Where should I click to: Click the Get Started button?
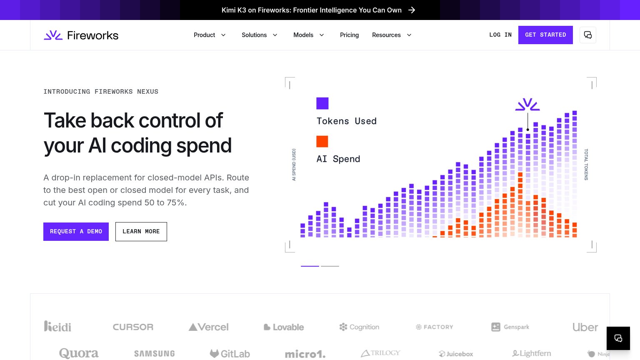coord(545,35)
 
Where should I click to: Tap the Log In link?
coord(500,35)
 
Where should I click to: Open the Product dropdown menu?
coord(210,35)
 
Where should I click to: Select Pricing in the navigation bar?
coord(349,35)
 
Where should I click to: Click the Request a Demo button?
coord(76,231)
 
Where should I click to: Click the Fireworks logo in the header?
coord(81,35)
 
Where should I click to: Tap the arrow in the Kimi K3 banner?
coord(411,10)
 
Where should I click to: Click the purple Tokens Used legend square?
coord(322,103)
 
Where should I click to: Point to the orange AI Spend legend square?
coord(322,141)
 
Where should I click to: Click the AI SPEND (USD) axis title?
coord(294,165)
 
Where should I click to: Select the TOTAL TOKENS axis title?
coord(586,165)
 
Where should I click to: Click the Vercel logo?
coord(209,327)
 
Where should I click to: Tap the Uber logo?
coord(585,327)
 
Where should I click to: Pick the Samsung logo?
coord(154,354)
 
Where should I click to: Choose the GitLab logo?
coord(230,354)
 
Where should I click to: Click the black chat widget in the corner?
coord(618,338)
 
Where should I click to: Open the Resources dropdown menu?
coord(392,35)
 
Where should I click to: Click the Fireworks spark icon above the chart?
coord(527,104)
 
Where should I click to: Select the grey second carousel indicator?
coord(330,266)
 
